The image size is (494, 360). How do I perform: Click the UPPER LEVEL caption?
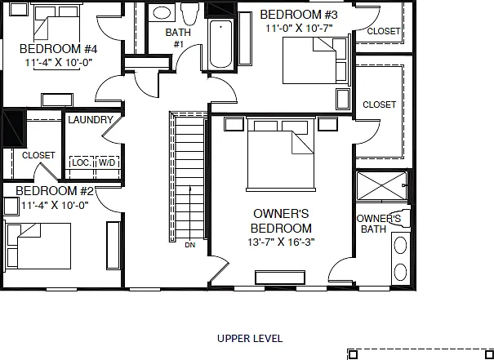point(250,339)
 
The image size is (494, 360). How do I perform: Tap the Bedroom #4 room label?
point(58,49)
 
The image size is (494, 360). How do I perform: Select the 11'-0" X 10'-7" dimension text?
point(299,29)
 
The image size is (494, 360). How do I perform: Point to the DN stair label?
point(190,245)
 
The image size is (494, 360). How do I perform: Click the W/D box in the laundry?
point(107,162)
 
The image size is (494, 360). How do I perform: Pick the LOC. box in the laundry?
point(82,162)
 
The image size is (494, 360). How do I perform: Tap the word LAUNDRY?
point(91,120)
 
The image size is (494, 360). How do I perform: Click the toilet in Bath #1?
point(190,14)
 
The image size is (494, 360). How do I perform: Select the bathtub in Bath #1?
point(220,44)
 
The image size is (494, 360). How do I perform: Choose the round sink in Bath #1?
point(162,13)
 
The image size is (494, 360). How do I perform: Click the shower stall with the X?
point(382,186)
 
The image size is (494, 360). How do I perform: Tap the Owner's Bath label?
point(378,224)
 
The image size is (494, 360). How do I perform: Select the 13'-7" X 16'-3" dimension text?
point(281,242)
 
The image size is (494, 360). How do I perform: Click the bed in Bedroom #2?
point(38,246)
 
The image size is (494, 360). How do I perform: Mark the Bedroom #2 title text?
point(55,191)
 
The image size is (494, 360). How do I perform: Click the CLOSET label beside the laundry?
point(38,155)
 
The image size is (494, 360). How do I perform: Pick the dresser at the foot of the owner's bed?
point(280,278)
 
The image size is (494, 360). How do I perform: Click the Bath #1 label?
point(178,38)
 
